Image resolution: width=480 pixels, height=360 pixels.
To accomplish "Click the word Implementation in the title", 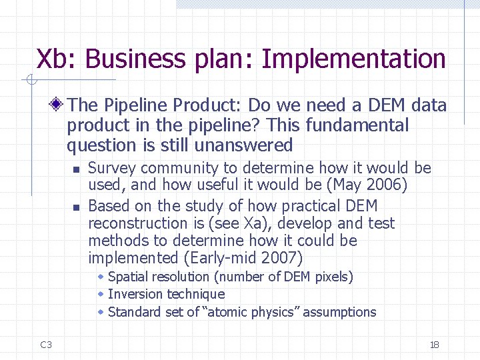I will tap(353, 59).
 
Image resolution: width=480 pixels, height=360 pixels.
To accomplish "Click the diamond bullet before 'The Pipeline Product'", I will tap(58, 105).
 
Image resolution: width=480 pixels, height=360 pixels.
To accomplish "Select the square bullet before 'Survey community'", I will tap(77, 169).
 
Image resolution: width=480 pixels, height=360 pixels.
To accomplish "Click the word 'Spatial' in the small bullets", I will tap(129, 277).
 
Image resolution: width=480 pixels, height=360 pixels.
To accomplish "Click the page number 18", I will tap(435, 345).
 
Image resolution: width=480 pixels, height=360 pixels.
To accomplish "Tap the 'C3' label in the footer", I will tap(46, 345).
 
